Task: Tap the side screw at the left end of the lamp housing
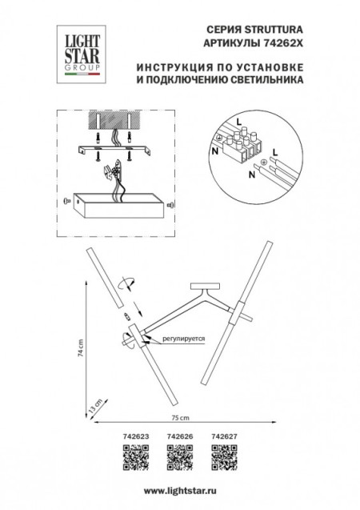tap(66, 201)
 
